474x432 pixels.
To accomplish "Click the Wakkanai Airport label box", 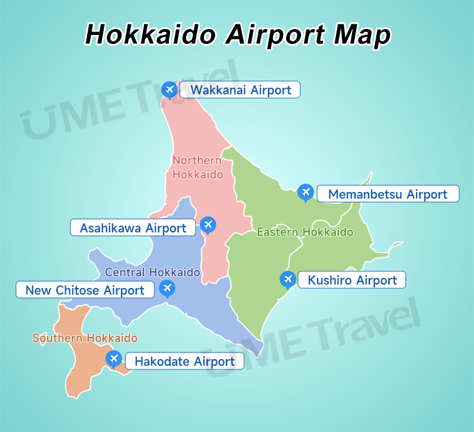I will pyautogui.click(x=240, y=90).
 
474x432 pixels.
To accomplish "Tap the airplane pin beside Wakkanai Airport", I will pyautogui.click(x=169, y=89).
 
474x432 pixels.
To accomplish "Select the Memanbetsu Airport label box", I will pyautogui.click(x=387, y=194).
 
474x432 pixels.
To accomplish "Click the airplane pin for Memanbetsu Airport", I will pyautogui.click(x=305, y=191).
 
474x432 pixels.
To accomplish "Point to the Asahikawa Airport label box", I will pyautogui.click(x=133, y=228).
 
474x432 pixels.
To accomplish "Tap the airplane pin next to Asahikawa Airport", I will pyautogui.click(x=207, y=225).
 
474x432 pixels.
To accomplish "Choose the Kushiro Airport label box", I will pyautogui.click(x=352, y=280).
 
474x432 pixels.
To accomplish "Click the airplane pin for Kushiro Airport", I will pyautogui.click(x=288, y=279).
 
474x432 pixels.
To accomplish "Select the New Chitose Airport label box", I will pyautogui.click(x=85, y=290).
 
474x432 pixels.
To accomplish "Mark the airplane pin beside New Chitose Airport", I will pyautogui.click(x=168, y=288).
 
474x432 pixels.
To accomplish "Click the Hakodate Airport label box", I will pyautogui.click(x=184, y=361).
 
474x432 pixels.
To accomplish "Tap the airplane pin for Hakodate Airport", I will pyautogui.click(x=113, y=359).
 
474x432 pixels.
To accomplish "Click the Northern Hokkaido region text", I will pyautogui.click(x=197, y=167).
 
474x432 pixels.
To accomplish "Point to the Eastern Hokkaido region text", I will pyautogui.click(x=305, y=232).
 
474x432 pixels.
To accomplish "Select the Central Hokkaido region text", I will pyautogui.click(x=152, y=272).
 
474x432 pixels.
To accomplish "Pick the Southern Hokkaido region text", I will pyautogui.click(x=85, y=338).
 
